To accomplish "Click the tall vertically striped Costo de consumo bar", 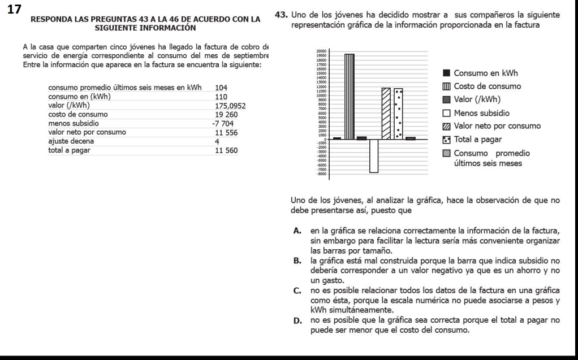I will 349,96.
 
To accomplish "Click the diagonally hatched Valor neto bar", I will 386,113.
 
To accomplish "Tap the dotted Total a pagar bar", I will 398,114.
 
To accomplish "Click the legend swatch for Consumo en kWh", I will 446,73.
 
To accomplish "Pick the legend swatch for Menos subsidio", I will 446,112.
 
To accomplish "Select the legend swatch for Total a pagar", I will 446,139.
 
